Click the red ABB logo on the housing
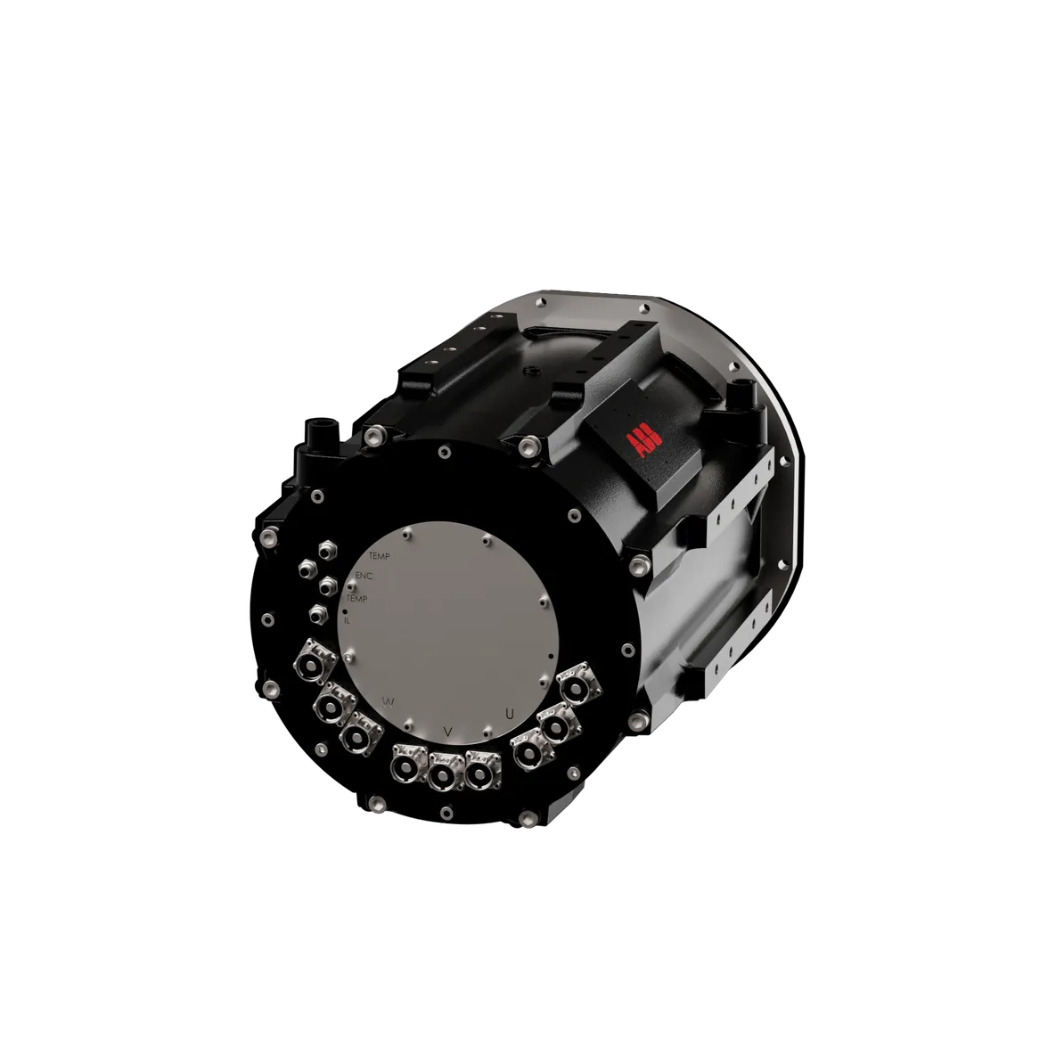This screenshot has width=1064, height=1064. (x=639, y=443)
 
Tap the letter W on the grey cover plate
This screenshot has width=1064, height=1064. (x=389, y=701)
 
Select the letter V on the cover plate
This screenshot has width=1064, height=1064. (x=448, y=732)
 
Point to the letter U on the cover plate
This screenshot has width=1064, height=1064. (x=509, y=713)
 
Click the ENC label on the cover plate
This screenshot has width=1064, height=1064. (x=364, y=576)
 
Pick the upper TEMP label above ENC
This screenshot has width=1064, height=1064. (x=379, y=555)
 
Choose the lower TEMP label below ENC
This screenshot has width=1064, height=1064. (x=356, y=599)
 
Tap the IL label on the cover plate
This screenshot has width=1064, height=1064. (x=347, y=620)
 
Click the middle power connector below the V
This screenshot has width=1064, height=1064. (x=443, y=776)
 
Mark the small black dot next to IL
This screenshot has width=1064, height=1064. (x=345, y=612)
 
